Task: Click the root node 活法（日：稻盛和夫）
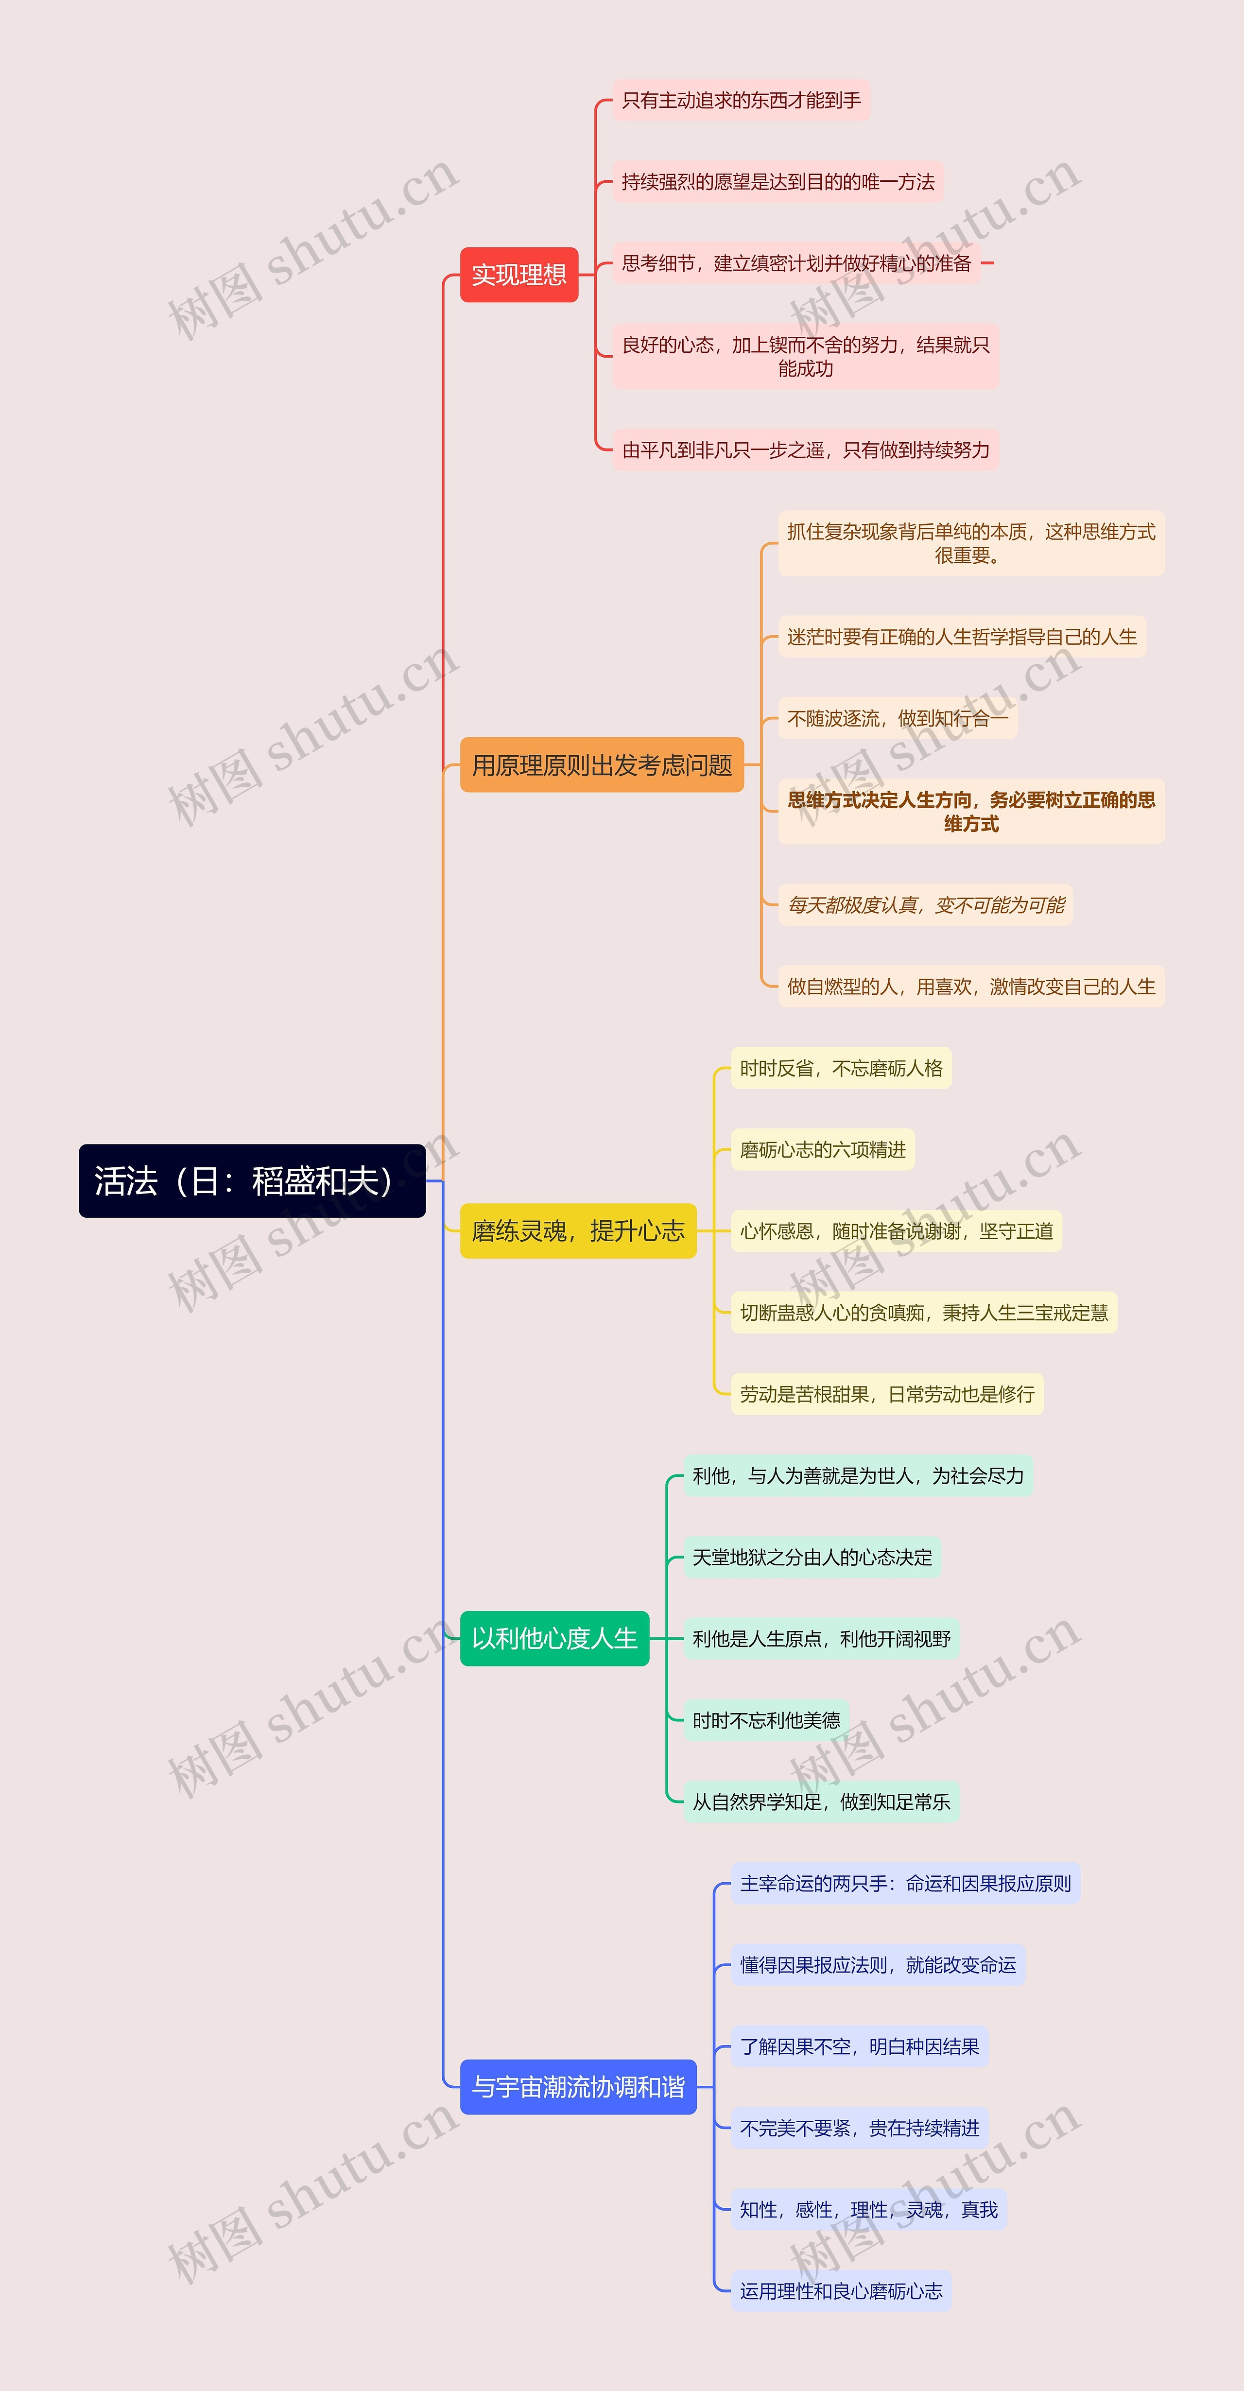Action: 252,1180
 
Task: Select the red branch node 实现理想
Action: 519,275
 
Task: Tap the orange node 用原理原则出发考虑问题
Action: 602,765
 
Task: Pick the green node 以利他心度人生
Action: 554,1638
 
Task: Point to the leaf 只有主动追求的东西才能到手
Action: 741,100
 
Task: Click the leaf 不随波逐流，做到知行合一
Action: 897,718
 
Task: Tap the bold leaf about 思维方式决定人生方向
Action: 971,811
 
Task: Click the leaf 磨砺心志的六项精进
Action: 823,1150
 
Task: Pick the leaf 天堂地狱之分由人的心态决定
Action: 812,1558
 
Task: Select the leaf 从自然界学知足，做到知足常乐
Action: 821,1802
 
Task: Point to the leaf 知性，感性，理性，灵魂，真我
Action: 868,2210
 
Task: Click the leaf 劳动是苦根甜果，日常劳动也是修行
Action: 886,1394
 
